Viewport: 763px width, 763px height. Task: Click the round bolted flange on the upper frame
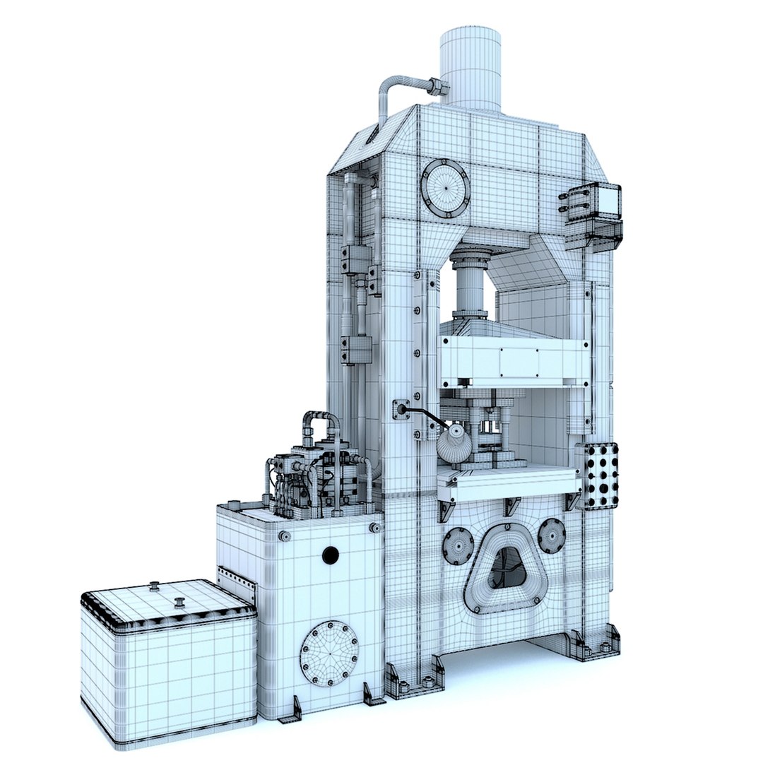point(445,188)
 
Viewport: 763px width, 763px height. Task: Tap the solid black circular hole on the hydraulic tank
point(330,556)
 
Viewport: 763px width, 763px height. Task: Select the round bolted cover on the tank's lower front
point(329,653)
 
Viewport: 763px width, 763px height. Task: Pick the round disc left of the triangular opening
point(459,545)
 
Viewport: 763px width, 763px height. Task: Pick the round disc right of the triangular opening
point(551,535)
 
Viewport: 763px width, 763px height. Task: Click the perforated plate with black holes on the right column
point(600,475)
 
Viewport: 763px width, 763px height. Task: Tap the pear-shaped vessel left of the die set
point(454,443)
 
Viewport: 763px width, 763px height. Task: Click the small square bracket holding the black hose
point(401,409)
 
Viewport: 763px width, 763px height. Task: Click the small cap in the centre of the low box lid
point(179,602)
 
